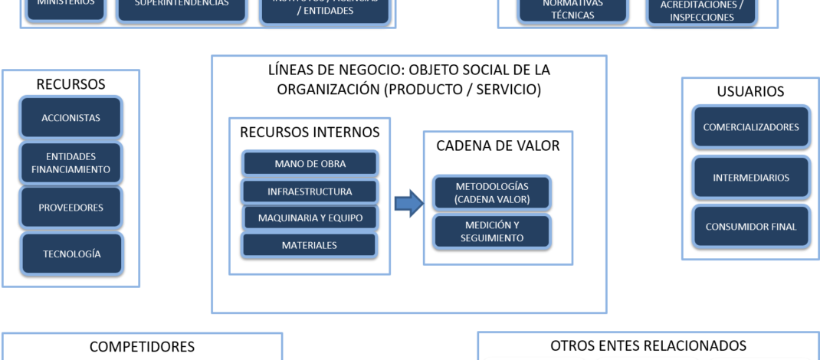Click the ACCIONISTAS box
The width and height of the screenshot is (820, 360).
pos(71,118)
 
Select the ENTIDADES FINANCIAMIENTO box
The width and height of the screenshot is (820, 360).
pos(71,163)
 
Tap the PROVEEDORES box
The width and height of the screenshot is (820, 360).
pos(71,208)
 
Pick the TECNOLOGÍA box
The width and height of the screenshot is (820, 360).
pos(71,254)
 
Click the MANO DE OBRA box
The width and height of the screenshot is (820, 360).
pos(310,163)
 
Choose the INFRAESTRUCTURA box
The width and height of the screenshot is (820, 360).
pos(310,191)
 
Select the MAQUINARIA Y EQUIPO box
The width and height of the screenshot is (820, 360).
pos(310,218)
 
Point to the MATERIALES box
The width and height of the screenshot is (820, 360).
pos(310,245)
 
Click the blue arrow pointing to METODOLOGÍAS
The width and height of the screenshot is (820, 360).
pos(408,204)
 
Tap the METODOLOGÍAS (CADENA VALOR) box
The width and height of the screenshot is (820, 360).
pos(491,193)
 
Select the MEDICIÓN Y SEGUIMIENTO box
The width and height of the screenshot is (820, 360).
pos(491,231)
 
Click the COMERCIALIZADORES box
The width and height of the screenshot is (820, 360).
pos(750,128)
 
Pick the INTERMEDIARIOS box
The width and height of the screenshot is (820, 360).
pos(750,178)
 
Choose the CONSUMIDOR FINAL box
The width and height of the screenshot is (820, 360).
pos(750,226)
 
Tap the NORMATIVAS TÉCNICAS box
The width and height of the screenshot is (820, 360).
pos(572,10)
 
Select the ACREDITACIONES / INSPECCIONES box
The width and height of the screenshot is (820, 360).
pos(701,11)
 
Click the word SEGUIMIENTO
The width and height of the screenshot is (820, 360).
pos(492,238)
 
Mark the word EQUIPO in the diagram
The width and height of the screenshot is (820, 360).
pos(345,218)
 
